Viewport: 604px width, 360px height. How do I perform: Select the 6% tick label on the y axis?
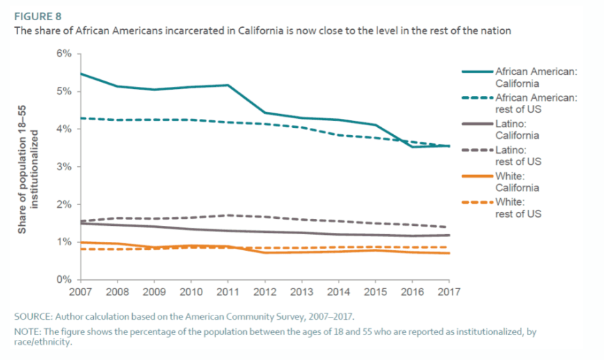click(64, 54)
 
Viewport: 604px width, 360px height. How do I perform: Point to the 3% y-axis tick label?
click(64, 167)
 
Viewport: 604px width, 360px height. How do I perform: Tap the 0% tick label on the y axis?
click(64, 279)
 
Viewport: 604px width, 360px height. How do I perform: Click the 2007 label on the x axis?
click(81, 293)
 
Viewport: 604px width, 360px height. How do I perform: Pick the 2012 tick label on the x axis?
click(266, 293)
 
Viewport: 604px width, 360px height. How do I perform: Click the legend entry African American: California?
click(534, 77)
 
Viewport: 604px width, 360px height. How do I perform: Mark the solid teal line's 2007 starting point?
click(81, 73)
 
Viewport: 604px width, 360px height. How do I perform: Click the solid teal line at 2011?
click(229, 85)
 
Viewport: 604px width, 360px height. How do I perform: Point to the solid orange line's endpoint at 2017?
click(450, 253)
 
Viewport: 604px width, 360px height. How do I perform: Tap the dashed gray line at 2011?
click(229, 215)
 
